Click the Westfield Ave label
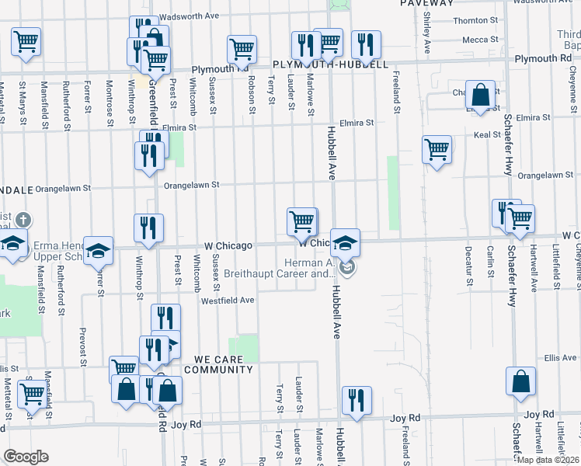click(x=228, y=300)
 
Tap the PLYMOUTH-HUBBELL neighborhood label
click(x=330, y=64)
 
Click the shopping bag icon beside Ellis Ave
click(x=520, y=380)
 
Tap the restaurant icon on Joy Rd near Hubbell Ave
click(x=357, y=400)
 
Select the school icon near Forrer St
click(x=99, y=249)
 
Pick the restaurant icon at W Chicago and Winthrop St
click(x=148, y=228)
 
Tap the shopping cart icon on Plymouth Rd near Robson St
click(x=242, y=50)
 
